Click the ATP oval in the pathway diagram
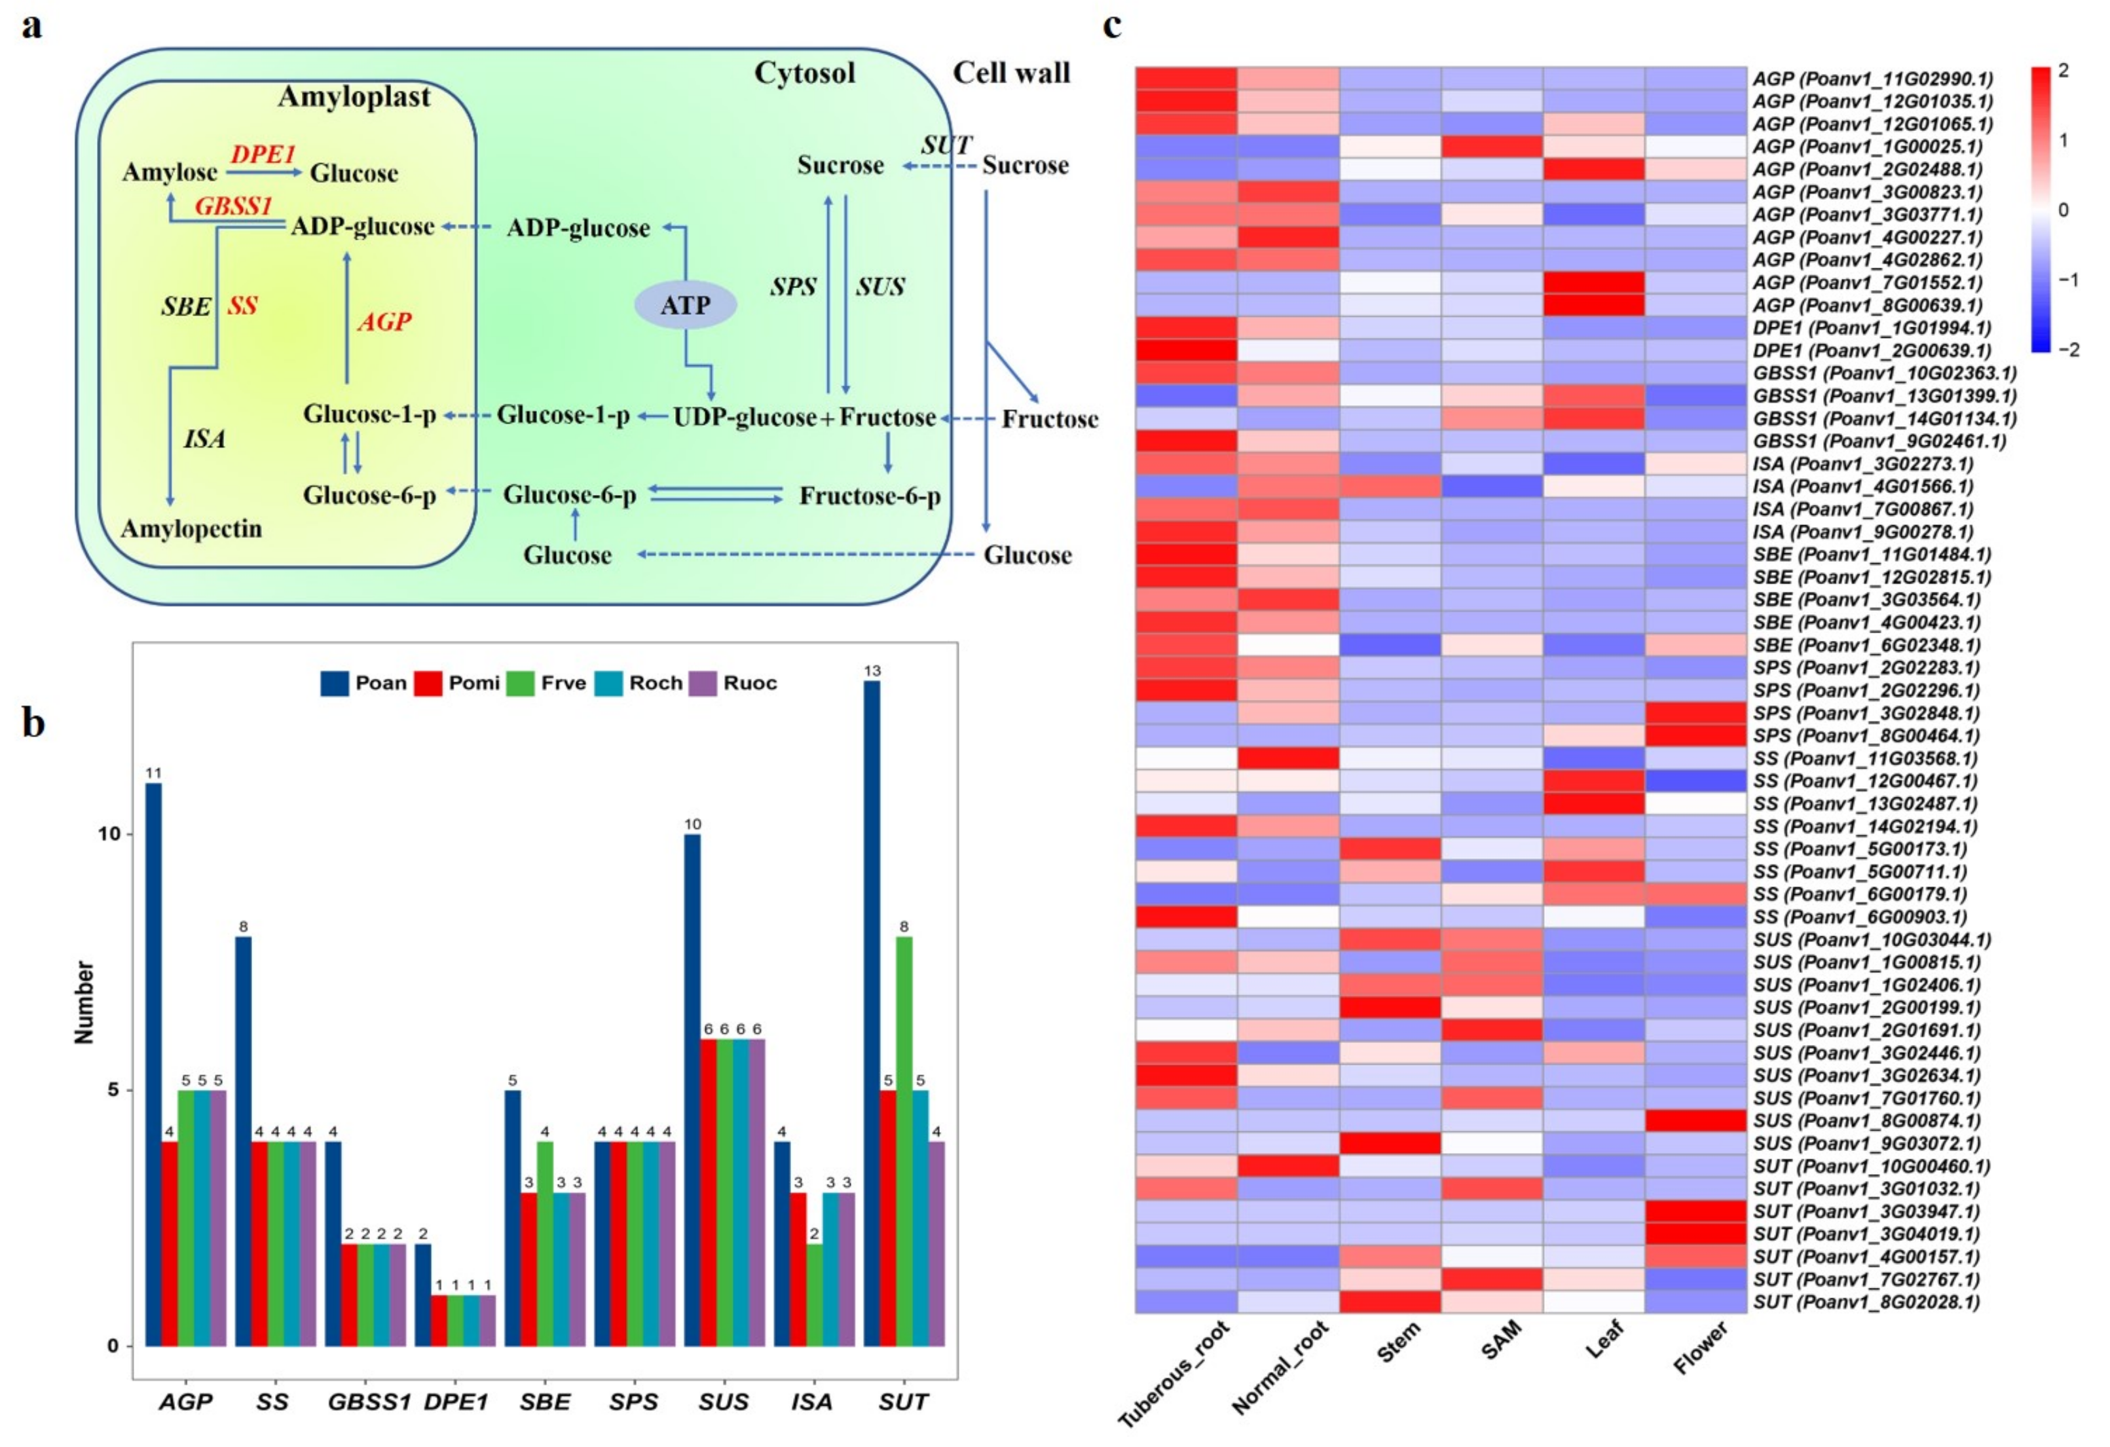684,305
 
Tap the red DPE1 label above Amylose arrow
263,155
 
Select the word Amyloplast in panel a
354,97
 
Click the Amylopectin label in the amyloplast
192,528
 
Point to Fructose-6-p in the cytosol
870,496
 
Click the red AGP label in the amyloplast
384,321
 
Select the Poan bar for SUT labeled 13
872,1012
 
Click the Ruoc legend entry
733,683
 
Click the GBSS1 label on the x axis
369,1402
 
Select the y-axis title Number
84,1002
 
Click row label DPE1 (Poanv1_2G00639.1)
1871,350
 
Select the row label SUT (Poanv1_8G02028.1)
1871,1302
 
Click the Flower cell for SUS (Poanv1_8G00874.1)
1695,1120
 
